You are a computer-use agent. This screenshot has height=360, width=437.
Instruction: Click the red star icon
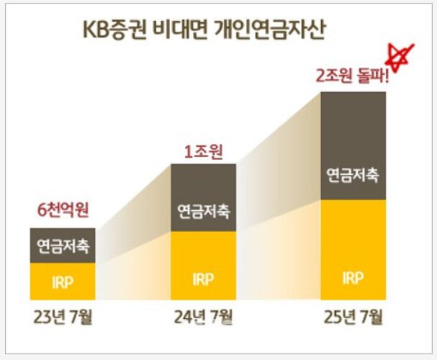400,55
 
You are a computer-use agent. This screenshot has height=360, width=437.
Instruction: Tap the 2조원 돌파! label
352,76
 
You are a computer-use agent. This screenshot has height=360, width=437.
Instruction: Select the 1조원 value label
202,152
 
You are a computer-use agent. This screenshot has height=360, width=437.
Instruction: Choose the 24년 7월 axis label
204,317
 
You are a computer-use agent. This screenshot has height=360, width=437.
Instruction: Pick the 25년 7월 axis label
353,317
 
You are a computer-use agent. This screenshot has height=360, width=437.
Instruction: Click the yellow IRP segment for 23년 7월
63,282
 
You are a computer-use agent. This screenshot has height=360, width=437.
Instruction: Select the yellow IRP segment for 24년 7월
204,266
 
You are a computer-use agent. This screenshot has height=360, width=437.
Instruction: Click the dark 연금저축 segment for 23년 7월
63,246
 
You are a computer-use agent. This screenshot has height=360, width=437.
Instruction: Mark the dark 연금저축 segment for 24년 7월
204,197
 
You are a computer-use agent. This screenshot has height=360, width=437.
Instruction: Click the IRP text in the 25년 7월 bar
353,278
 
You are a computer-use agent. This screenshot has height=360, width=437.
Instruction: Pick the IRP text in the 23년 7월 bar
63,282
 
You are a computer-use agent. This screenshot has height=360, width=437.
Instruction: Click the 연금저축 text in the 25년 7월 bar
353,175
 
